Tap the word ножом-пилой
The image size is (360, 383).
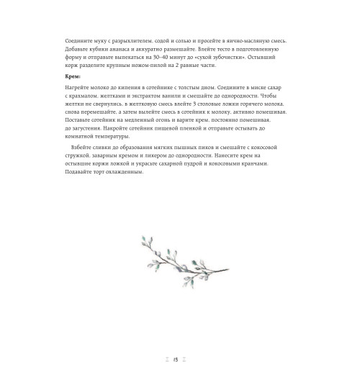pyautogui.click(x=154, y=64)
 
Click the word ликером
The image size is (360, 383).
pyautogui.click(x=181, y=155)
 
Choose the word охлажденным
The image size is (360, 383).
pyautogui.click(x=126, y=172)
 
